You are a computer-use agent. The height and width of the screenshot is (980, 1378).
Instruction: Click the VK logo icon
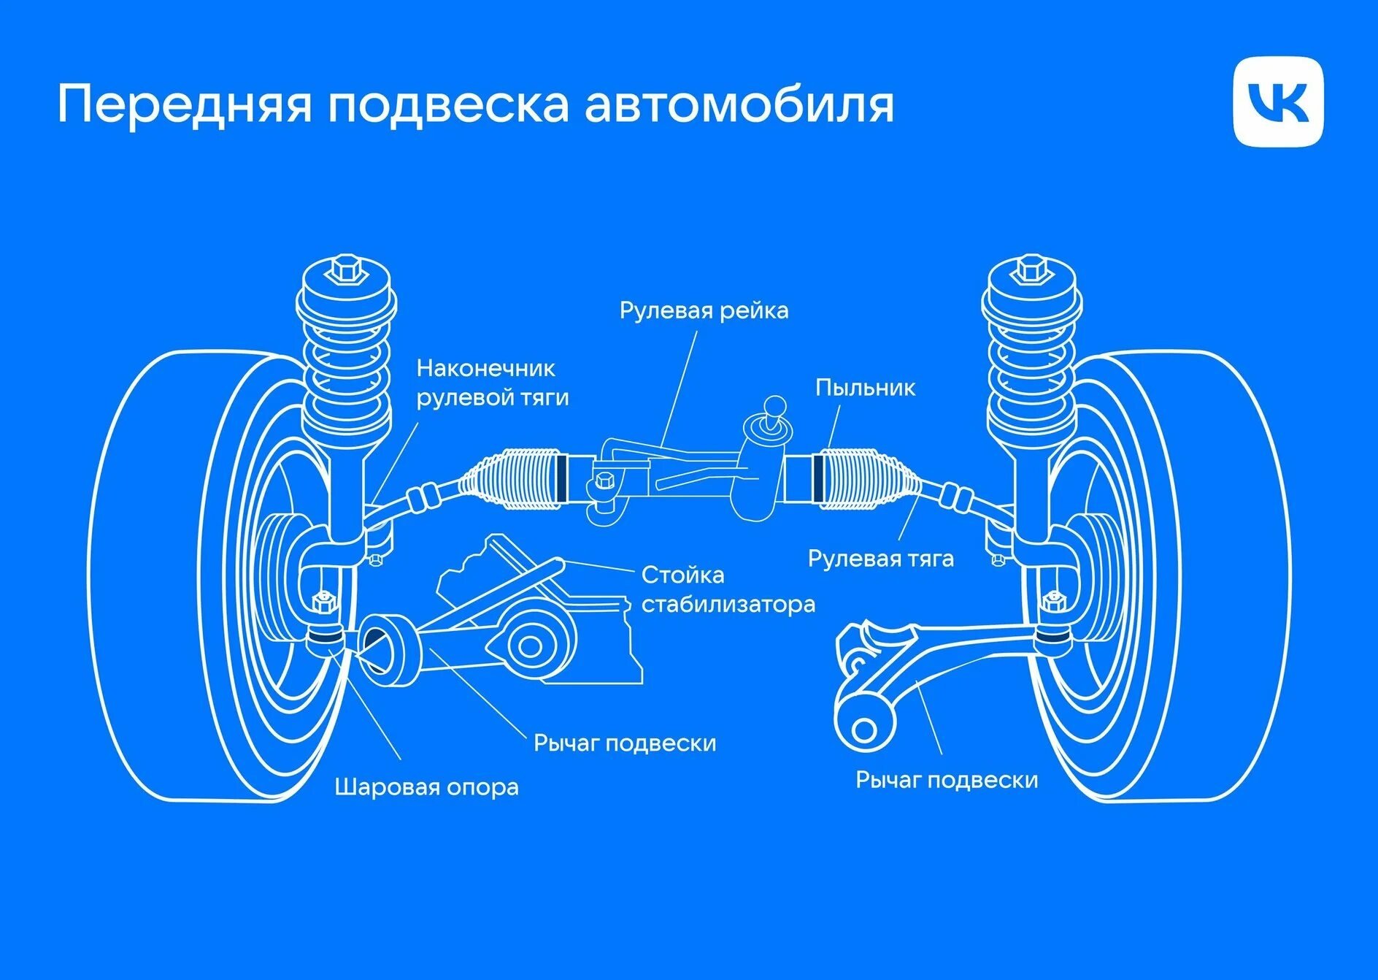pos(1278,102)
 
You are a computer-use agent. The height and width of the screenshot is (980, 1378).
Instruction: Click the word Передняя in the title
pos(185,104)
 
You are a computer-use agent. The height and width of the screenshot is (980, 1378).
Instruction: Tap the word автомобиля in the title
pos(739,104)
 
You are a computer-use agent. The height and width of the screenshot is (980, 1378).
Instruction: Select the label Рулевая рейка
pos(704,310)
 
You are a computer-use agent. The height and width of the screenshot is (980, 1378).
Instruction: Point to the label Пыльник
pos(865,387)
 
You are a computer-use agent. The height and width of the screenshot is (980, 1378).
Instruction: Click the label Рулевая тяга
pos(881,559)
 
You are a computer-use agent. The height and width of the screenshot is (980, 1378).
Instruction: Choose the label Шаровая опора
pos(427,787)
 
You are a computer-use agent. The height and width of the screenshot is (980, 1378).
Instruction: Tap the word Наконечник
pos(485,368)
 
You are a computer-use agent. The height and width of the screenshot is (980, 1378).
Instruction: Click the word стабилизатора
pos(728,605)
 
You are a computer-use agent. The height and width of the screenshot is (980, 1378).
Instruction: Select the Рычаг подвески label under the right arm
pos(947,780)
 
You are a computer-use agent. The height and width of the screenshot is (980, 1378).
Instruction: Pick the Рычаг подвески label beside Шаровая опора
pos(625,743)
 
